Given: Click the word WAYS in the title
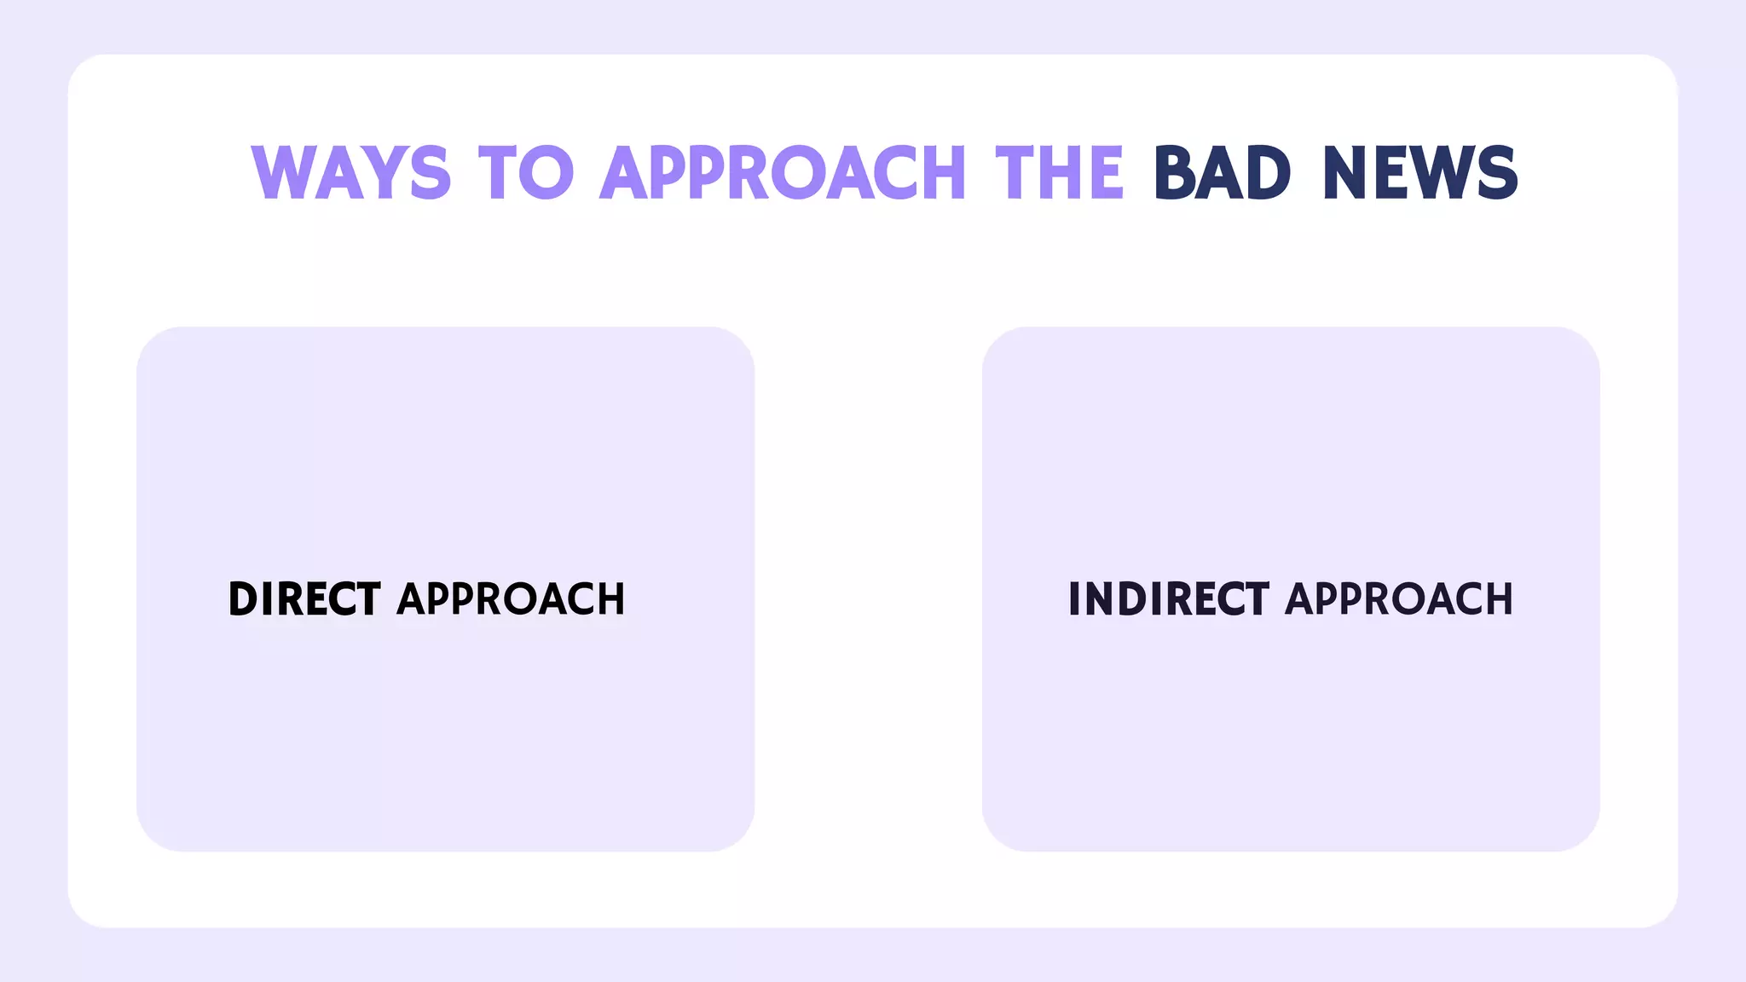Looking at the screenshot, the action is pyautogui.click(x=350, y=173).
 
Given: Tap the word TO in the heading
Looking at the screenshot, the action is pyautogui.click(x=526, y=173).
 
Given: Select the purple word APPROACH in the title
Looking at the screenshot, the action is pyautogui.click(x=783, y=173).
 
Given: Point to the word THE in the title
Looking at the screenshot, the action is pyautogui.click(x=1060, y=173).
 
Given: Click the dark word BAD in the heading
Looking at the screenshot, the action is pyautogui.click(x=1222, y=173).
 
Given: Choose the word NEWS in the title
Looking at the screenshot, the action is pyautogui.click(x=1420, y=173).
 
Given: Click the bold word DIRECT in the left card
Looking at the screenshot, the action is pyautogui.click(x=304, y=598).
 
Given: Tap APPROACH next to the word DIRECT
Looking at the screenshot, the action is pyautogui.click(x=511, y=598).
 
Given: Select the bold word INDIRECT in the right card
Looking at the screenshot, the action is pyautogui.click(x=1169, y=598).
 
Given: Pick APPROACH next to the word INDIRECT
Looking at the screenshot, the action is pyautogui.click(x=1399, y=598).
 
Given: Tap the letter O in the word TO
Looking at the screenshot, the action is pyautogui.click(x=546, y=173).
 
